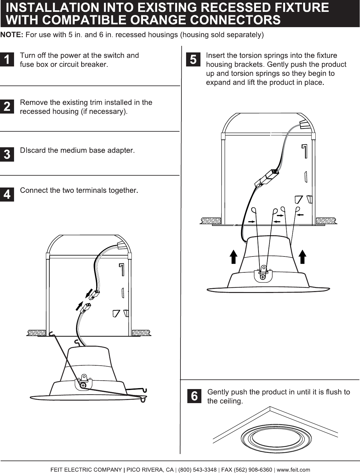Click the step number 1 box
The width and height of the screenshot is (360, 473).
[7, 59]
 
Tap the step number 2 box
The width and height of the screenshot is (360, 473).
[7, 106]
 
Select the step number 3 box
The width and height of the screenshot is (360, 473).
[7, 154]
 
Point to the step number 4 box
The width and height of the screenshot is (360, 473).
[7, 194]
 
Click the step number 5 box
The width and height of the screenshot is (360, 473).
[193, 59]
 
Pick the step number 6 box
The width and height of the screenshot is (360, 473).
[194, 396]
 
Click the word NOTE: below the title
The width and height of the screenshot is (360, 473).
[12, 35]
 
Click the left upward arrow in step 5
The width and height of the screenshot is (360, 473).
[234, 257]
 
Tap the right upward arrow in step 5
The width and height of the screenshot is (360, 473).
[303, 257]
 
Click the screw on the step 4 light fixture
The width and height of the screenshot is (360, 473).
[83, 385]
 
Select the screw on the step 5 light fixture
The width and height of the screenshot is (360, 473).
[263, 277]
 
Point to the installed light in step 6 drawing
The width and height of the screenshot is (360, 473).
[276, 439]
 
